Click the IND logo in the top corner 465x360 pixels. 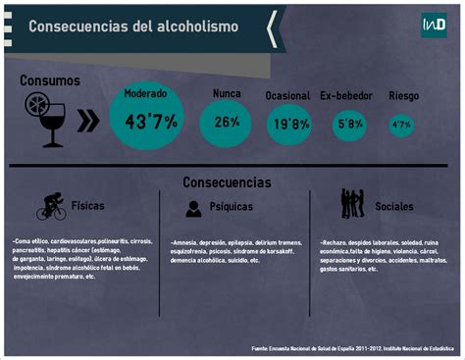point(433,25)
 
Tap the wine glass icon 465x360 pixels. point(53,126)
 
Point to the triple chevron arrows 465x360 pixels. point(87,121)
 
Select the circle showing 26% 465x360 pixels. point(227,123)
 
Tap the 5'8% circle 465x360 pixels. point(349,125)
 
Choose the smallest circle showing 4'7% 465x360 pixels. point(401,125)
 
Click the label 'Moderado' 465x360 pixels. point(145,93)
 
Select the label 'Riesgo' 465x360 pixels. point(403,96)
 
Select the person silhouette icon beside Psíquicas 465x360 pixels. point(192,208)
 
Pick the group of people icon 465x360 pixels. point(352,204)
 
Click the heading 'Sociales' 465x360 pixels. point(394,207)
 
